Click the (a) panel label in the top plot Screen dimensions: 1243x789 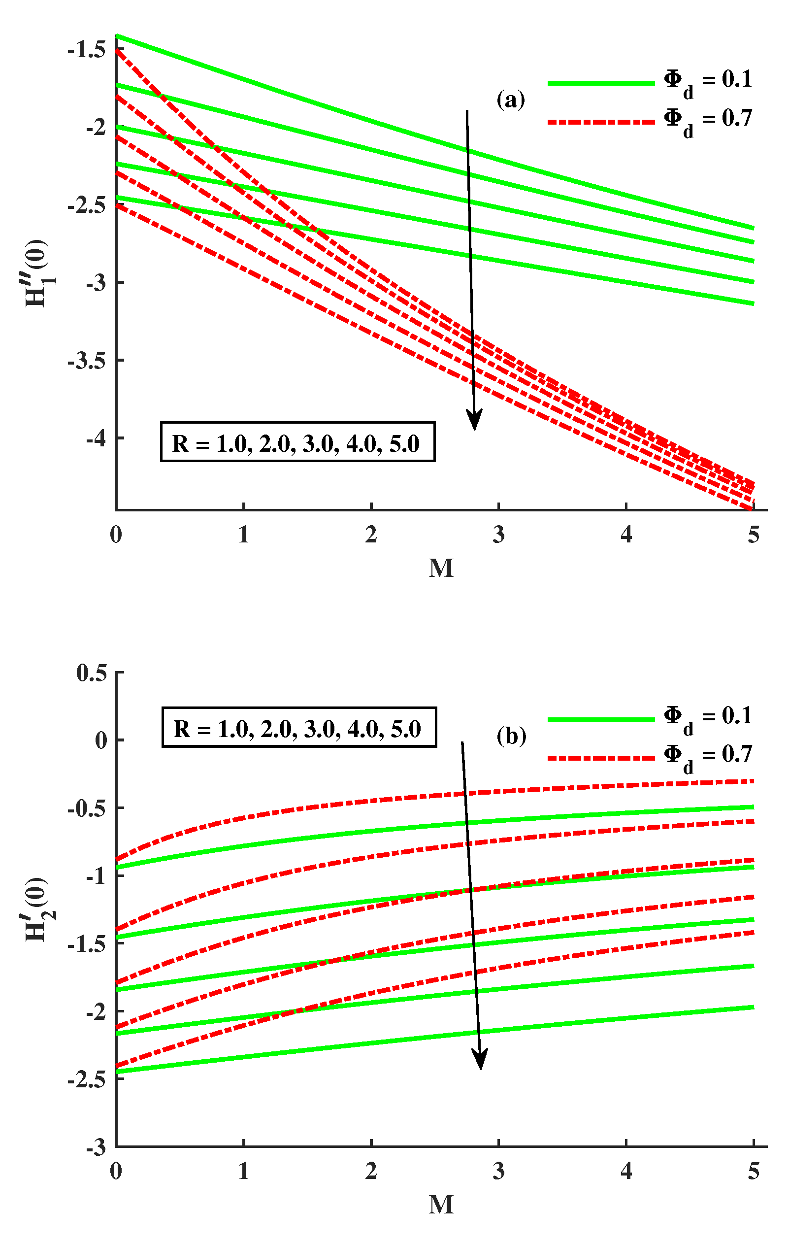point(510,99)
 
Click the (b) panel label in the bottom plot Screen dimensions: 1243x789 point(511,736)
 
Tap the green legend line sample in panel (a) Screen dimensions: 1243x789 point(601,83)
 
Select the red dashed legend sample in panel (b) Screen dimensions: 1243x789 point(601,758)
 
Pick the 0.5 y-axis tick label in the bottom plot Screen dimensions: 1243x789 point(91,673)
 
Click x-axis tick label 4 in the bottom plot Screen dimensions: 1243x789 point(626,1172)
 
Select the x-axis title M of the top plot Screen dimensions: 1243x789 point(441,569)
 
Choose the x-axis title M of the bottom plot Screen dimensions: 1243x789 point(441,1205)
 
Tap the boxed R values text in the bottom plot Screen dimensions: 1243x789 point(299,728)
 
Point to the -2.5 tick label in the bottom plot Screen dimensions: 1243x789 point(87,1080)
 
